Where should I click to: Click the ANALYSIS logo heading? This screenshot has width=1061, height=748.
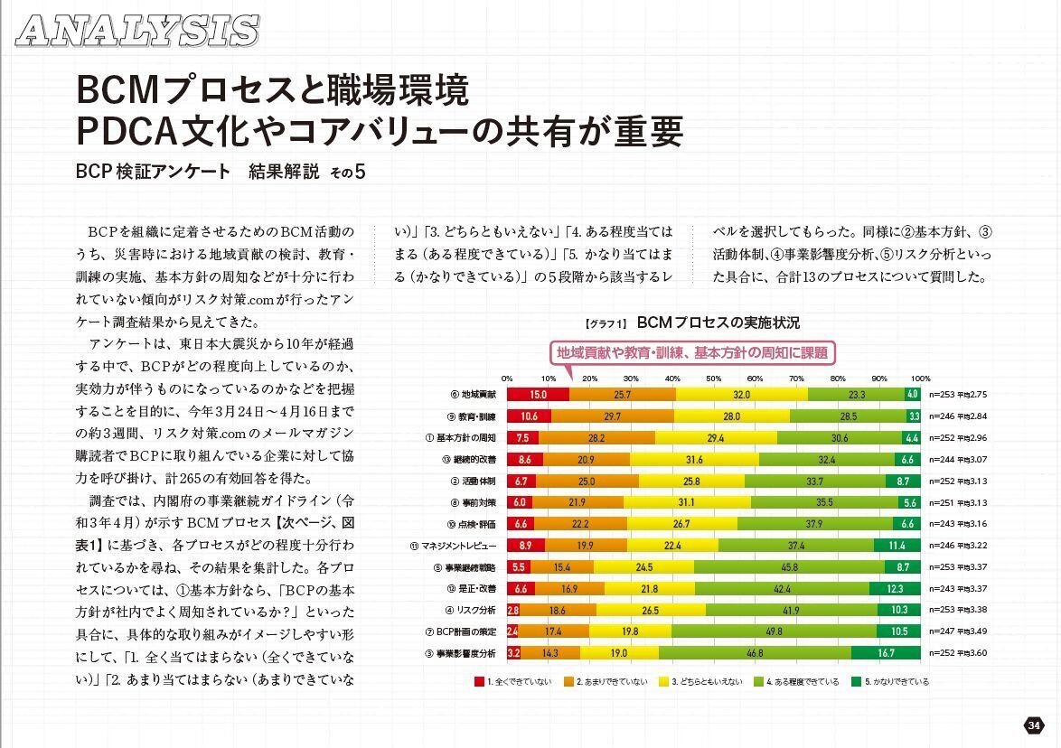[x=138, y=30]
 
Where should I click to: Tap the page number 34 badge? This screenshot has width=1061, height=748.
[x=1034, y=725]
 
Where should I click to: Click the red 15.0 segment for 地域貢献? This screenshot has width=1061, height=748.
[x=538, y=395]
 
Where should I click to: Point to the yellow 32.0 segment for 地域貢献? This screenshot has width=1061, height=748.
[x=741, y=395]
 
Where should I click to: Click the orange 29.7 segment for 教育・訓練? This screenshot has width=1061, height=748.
[x=612, y=416]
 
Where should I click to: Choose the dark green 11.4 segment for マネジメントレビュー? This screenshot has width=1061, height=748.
[x=896, y=546]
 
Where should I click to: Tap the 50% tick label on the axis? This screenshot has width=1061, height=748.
[x=713, y=379]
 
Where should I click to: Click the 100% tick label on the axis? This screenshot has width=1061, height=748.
[x=920, y=379]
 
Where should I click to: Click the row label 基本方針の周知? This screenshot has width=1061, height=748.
[x=466, y=438]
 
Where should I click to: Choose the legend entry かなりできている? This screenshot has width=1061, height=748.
[x=896, y=682]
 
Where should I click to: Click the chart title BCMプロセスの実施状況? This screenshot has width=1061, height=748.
[x=718, y=323]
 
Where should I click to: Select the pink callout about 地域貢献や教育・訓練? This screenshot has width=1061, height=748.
[x=691, y=352]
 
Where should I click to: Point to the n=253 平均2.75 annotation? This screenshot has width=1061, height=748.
[x=962, y=395]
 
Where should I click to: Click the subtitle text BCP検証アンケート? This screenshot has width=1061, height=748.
[x=154, y=172]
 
